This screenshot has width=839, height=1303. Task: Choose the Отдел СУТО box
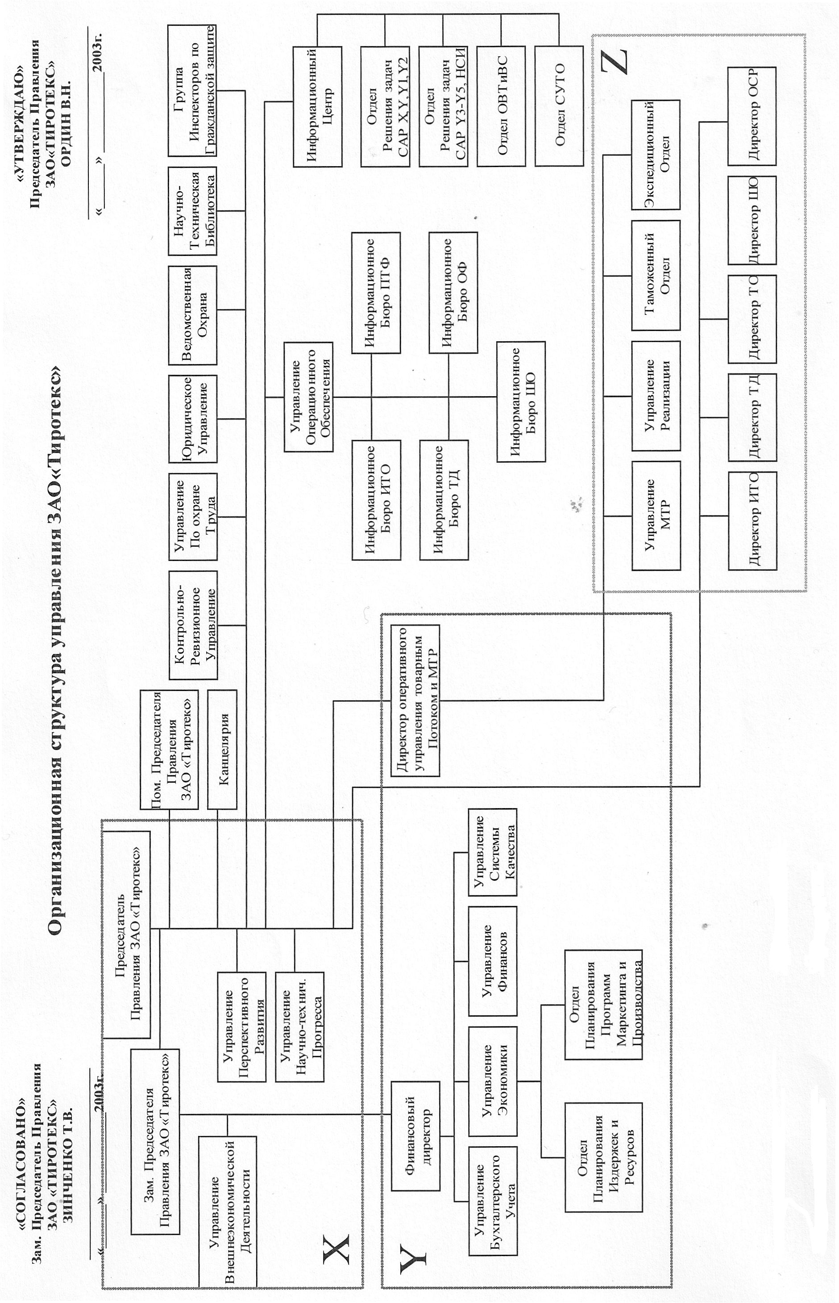[x=559, y=106]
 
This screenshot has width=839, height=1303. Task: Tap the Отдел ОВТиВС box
[x=501, y=106]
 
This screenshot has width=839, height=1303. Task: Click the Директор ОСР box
[x=752, y=116]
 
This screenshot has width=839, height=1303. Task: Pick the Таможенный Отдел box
[x=656, y=275]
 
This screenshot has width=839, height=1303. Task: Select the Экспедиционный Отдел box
[x=656, y=155]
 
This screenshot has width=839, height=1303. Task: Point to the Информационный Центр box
[x=318, y=106]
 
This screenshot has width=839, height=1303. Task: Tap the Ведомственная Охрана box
[x=193, y=315]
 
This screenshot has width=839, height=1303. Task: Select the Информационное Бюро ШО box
[x=521, y=402]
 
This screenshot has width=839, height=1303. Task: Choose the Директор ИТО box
[x=752, y=521]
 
